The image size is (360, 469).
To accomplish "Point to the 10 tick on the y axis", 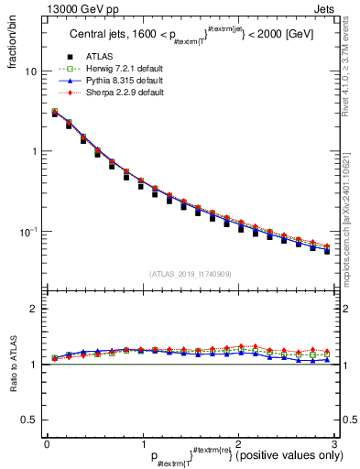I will click(x=30, y=71).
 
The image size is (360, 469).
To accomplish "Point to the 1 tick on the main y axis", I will click(x=33, y=151).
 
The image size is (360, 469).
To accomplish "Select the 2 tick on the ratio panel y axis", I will click(x=33, y=309).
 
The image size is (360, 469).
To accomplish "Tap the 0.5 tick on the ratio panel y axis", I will click(x=28, y=420).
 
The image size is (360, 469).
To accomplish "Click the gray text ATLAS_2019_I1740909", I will click(x=191, y=274).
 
